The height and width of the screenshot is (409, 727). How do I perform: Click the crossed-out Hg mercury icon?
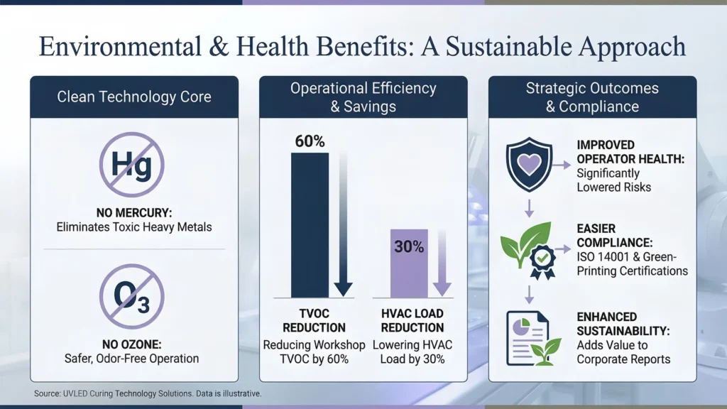[x=131, y=165]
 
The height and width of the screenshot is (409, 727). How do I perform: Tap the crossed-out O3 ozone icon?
[x=131, y=296]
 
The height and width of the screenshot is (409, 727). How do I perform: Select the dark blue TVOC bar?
[x=310, y=225]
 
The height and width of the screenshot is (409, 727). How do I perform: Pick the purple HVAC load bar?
[x=409, y=263]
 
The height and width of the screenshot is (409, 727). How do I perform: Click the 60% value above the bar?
[x=310, y=141]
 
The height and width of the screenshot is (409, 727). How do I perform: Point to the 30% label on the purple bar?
[x=409, y=246]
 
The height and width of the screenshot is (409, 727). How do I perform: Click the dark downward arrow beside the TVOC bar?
[x=343, y=225]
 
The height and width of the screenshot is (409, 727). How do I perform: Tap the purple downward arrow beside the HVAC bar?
[x=442, y=263]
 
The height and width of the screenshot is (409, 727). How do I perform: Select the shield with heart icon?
[x=529, y=165]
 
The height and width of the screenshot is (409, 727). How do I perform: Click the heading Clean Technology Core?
[x=134, y=97]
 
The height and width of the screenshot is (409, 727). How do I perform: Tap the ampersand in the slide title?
[x=219, y=47]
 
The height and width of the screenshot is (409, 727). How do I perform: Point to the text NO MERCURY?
[x=134, y=213]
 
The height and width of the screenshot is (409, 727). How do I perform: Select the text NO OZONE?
[x=131, y=344]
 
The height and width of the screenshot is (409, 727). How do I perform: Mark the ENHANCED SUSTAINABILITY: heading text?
[x=623, y=324]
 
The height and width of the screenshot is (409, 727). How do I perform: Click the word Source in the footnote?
[x=47, y=393]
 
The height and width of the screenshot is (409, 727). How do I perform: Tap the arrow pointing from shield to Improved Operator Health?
[x=562, y=165]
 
